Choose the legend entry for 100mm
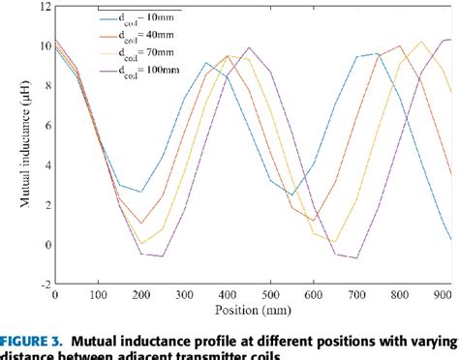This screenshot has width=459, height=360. [x=136, y=73]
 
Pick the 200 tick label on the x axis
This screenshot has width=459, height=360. [x=141, y=295]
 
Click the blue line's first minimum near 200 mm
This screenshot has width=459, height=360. [x=141, y=192]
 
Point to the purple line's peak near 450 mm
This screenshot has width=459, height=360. [x=250, y=47]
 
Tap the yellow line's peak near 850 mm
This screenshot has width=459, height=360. [x=422, y=42]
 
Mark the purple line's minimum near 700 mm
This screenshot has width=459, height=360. [x=357, y=258]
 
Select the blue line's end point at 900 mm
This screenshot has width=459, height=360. [x=451, y=239]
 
